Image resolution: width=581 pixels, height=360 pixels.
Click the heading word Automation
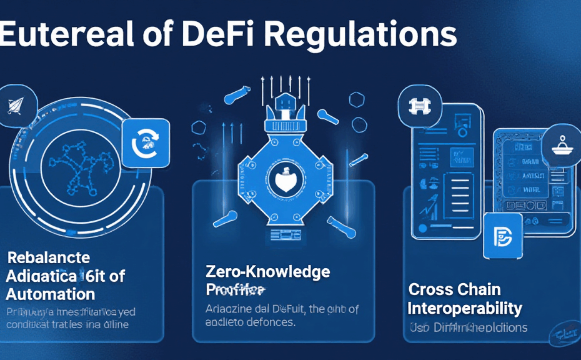point(51,294)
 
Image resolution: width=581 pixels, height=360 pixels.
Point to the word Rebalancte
point(48,257)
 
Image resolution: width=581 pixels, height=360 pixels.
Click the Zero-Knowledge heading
point(268,272)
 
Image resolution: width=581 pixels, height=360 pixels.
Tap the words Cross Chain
point(454,289)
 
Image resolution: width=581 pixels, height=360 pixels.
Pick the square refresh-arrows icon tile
point(146,142)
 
